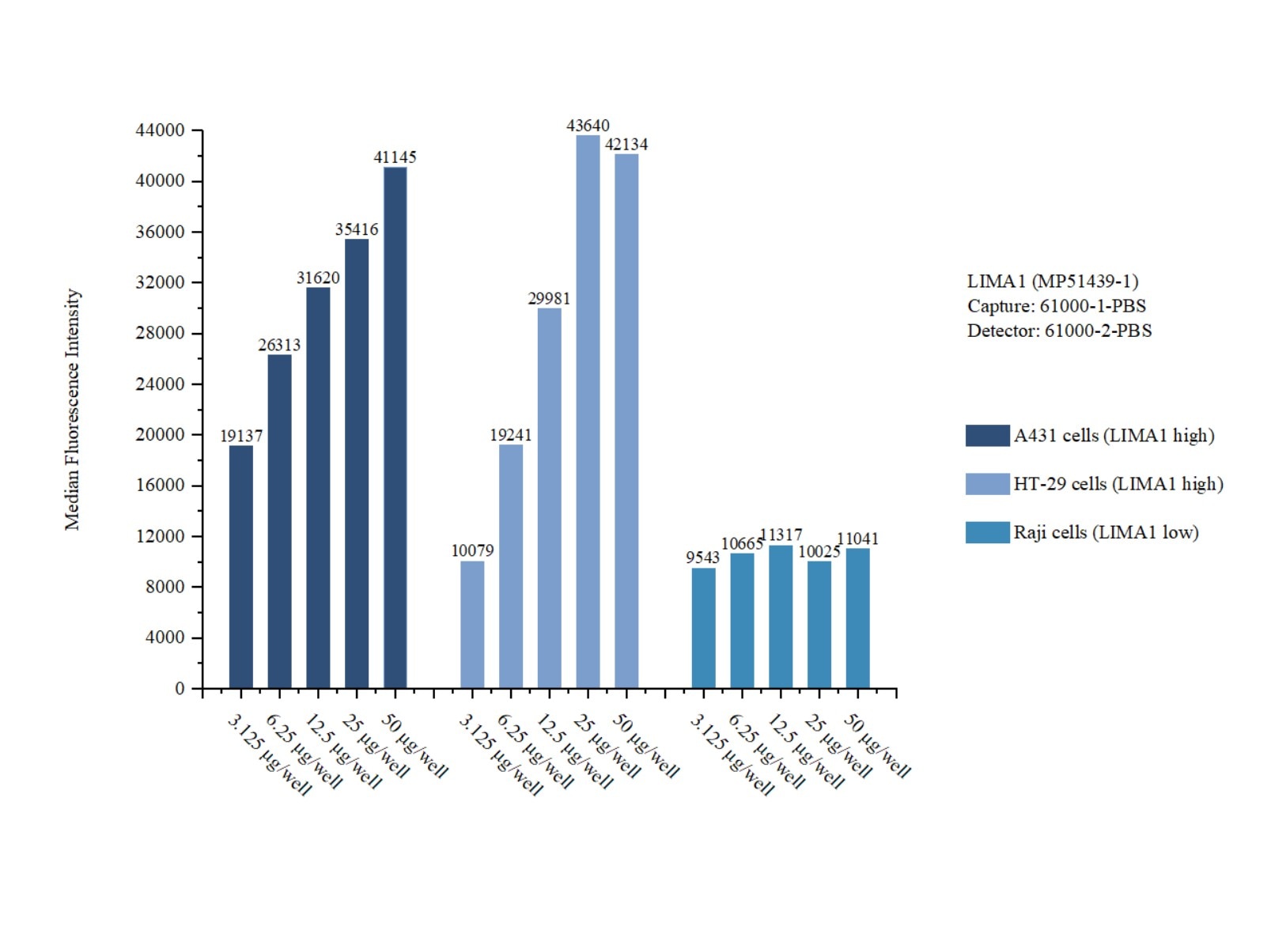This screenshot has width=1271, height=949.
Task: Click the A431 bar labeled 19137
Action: coord(241,566)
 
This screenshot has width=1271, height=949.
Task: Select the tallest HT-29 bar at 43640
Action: coord(588,411)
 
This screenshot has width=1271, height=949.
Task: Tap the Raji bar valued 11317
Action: coord(781,616)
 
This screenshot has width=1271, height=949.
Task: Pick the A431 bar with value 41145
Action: coord(395,427)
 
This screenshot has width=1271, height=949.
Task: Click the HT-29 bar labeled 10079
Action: coord(472,624)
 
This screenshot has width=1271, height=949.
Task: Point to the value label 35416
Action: coord(357,229)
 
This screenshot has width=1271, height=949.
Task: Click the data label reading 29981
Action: coord(549,298)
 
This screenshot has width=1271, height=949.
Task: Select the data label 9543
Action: coord(702,558)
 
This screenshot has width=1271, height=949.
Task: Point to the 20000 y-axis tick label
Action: coord(161,435)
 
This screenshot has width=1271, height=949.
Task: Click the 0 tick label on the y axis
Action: coord(180,689)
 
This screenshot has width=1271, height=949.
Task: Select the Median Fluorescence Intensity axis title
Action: coord(73,409)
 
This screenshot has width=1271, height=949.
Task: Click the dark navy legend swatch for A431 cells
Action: coord(987,436)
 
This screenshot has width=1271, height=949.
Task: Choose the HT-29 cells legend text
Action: coord(1118,484)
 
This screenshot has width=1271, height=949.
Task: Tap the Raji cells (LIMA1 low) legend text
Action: coord(1106,532)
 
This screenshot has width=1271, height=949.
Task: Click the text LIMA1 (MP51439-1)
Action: coord(1053,282)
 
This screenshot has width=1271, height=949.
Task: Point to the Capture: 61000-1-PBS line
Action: coord(1057,306)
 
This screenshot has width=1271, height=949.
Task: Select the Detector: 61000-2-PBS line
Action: coord(1059,331)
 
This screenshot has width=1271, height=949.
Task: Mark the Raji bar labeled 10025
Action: coord(819,624)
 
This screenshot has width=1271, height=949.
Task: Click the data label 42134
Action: coord(626,145)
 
